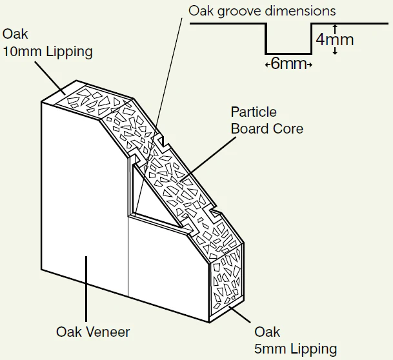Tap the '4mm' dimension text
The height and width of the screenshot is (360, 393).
click(x=335, y=40)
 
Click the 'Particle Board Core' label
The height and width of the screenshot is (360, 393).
click(x=267, y=120)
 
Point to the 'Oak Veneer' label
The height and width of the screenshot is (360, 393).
click(x=93, y=332)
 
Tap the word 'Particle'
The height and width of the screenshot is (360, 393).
click(x=253, y=112)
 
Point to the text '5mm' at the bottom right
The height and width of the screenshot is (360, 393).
click(x=270, y=349)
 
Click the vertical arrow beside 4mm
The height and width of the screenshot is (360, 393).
click(x=334, y=39)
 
